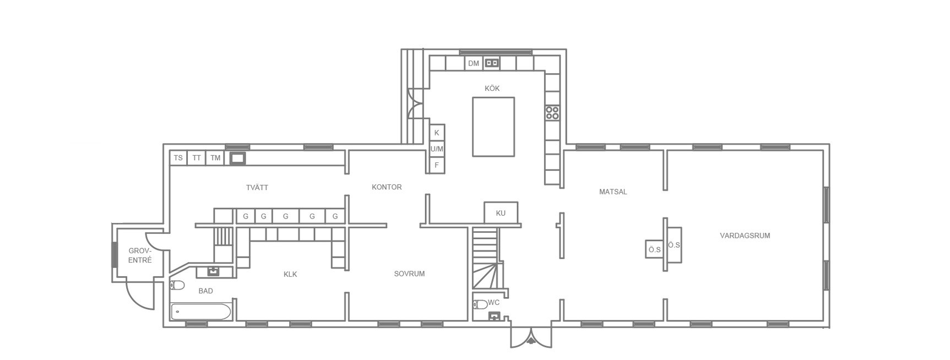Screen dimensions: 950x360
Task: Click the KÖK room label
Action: coord(492,89)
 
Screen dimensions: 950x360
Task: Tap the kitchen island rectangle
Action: coord(493,127)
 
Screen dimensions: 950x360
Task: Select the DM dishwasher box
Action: coord(474,63)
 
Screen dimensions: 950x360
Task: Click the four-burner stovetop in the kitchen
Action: coord(552,113)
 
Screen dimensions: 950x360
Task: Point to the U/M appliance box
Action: coord(437,149)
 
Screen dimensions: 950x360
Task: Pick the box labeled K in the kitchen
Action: coord(437,133)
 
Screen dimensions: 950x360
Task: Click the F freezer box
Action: coord(437,165)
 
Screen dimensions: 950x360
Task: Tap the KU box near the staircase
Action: coord(501,213)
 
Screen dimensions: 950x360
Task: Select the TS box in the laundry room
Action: coord(178,158)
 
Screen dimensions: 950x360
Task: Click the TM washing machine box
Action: coord(215,158)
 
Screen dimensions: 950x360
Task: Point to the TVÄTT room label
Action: coord(257,188)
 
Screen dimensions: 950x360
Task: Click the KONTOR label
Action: coord(387,187)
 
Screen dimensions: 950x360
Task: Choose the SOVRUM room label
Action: coord(409,274)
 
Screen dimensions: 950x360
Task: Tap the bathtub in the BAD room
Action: coord(200,312)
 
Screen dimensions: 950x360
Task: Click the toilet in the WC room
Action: coord(480,304)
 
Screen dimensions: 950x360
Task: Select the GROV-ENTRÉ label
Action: coord(140,255)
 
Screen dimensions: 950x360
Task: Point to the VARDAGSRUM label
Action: coord(745,236)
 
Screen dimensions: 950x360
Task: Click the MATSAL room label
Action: coord(613,192)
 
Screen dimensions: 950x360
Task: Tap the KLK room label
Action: coord(290,274)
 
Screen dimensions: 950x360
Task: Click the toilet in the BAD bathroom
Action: coord(177,285)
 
